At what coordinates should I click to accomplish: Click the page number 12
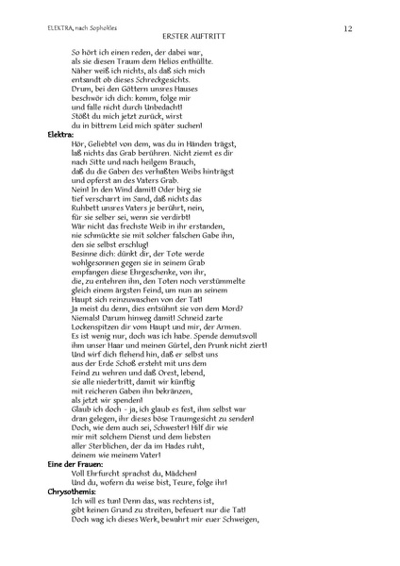point(348,29)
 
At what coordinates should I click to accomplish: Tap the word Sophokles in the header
point(118,29)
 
